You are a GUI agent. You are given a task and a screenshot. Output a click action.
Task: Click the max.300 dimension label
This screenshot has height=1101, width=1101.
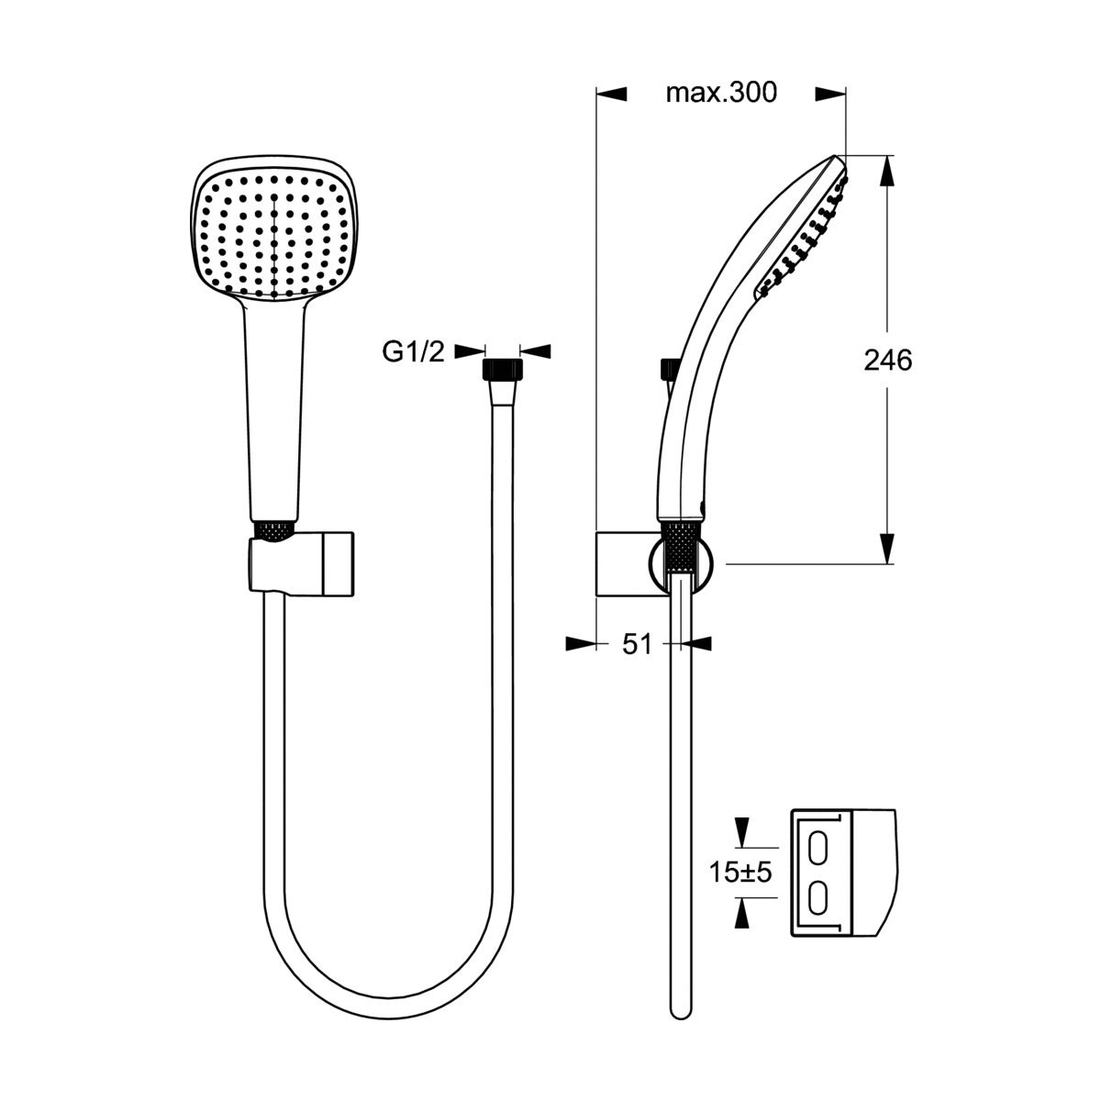(x=721, y=94)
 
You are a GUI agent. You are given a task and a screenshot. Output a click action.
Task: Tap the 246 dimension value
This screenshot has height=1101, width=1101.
(x=887, y=361)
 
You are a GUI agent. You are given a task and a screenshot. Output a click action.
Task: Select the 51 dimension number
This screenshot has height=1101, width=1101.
(x=637, y=645)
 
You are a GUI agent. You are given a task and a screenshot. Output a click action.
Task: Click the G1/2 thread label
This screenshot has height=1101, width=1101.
(x=413, y=352)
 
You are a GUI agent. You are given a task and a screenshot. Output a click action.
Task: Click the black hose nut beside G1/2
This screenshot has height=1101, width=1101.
(x=503, y=369)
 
